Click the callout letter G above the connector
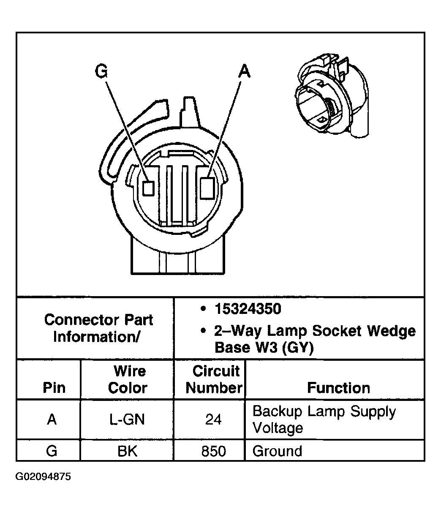click(x=101, y=71)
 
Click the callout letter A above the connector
click(x=244, y=71)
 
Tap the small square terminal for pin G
click(x=148, y=188)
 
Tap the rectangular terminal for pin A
click(x=207, y=188)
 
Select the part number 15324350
click(x=248, y=309)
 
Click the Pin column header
click(x=54, y=388)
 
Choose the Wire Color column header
click(x=128, y=379)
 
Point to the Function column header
click(x=338, y=388)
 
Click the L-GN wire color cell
click(x=128, y=419)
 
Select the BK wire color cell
click(x=128, y=451)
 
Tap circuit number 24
click(x=213, y=419)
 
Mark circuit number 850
click(x=213, y=451)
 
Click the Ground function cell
click(x=277, y=451)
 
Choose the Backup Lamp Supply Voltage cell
click(x=324, y=419)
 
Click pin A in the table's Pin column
click(x=52, y=419)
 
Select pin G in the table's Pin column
click(x=52, y=451)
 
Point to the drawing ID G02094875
click(x=44, y=477)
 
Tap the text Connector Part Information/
click(x=98, y=328)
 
